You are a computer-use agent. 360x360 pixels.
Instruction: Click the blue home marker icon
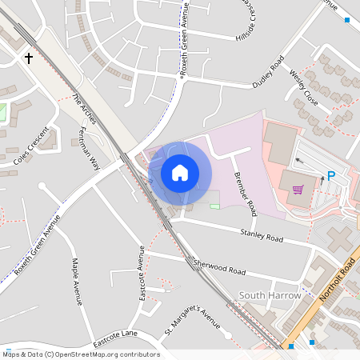[180, 173]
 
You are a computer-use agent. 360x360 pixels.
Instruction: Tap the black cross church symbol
[29, 58]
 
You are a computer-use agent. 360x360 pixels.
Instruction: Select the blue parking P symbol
[330, 176]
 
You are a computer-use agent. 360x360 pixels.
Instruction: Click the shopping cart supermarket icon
[298, 190]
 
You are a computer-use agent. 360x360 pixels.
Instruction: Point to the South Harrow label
[270, 295]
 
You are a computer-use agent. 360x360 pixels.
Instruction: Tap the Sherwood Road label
[219, 267]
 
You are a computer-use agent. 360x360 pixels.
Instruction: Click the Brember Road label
[244, 194]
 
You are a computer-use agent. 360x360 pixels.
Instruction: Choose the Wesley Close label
[304, 87]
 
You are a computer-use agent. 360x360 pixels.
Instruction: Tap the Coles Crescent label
[31, 146]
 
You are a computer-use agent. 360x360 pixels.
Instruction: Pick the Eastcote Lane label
[115, 338]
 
